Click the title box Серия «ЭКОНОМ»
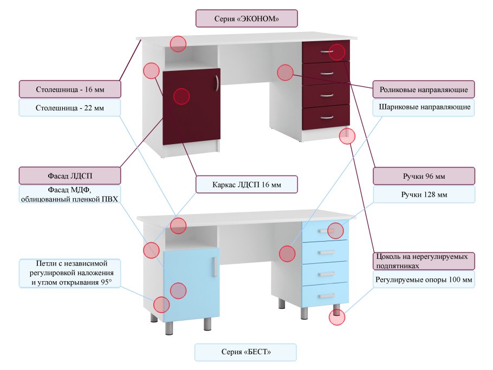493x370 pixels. [x=246, y=18]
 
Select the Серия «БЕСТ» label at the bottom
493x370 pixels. [x=246, y=352]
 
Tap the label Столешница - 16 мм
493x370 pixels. [x=70, y=89]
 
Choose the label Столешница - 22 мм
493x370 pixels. [x=70, y=108]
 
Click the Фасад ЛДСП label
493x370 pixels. [x=70, y=176]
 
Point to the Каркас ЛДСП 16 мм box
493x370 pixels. [x=246, y=185]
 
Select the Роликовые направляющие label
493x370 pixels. [x=424, y=89]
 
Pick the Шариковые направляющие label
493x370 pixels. [x=424, y=107]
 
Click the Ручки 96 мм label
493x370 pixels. [x=424, y=176]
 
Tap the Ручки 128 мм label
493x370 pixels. [x=424, y=194]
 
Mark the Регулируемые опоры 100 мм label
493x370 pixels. [x=424, y=280]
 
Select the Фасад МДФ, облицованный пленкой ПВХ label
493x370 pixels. [x=70, y=194]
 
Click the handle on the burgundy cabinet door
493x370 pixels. [x=216, y=83]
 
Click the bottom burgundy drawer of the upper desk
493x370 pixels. [x=326, y=118]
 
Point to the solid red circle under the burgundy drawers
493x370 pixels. [x=347, y=137]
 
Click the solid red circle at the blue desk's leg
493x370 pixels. [x=337, y=317]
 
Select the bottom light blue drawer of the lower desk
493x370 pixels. [x=326, y=294]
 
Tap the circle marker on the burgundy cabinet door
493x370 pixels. [x=181, y=96]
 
